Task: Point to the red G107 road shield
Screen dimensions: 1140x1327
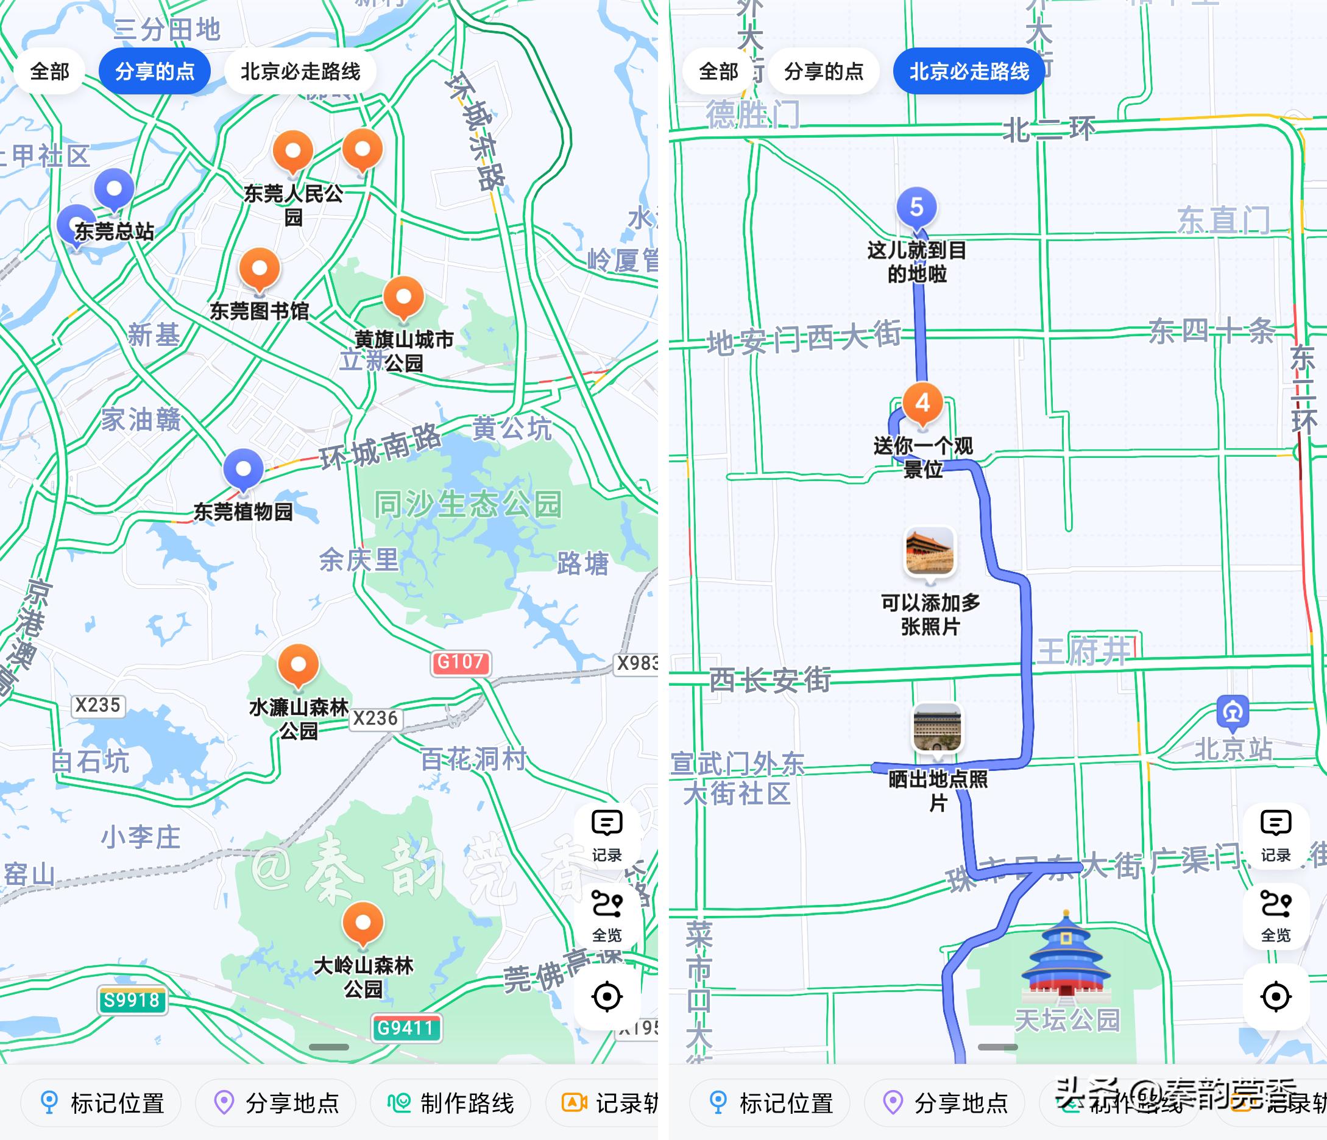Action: (461, 662)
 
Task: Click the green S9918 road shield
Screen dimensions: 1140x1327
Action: (132, 1001)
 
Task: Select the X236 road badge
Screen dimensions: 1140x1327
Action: (375, 718)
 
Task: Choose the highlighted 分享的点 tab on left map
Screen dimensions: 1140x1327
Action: (155, 71)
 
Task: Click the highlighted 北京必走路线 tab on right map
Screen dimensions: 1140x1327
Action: (969, 71)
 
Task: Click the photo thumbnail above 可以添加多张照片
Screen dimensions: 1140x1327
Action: (930, 552)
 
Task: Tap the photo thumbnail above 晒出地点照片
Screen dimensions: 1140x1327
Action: (938, 728)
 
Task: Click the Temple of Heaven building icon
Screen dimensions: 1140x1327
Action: (1066, 955)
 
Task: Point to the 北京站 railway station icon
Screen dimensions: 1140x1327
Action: (1233, 712)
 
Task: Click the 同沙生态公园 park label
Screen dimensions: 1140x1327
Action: (468, 504)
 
